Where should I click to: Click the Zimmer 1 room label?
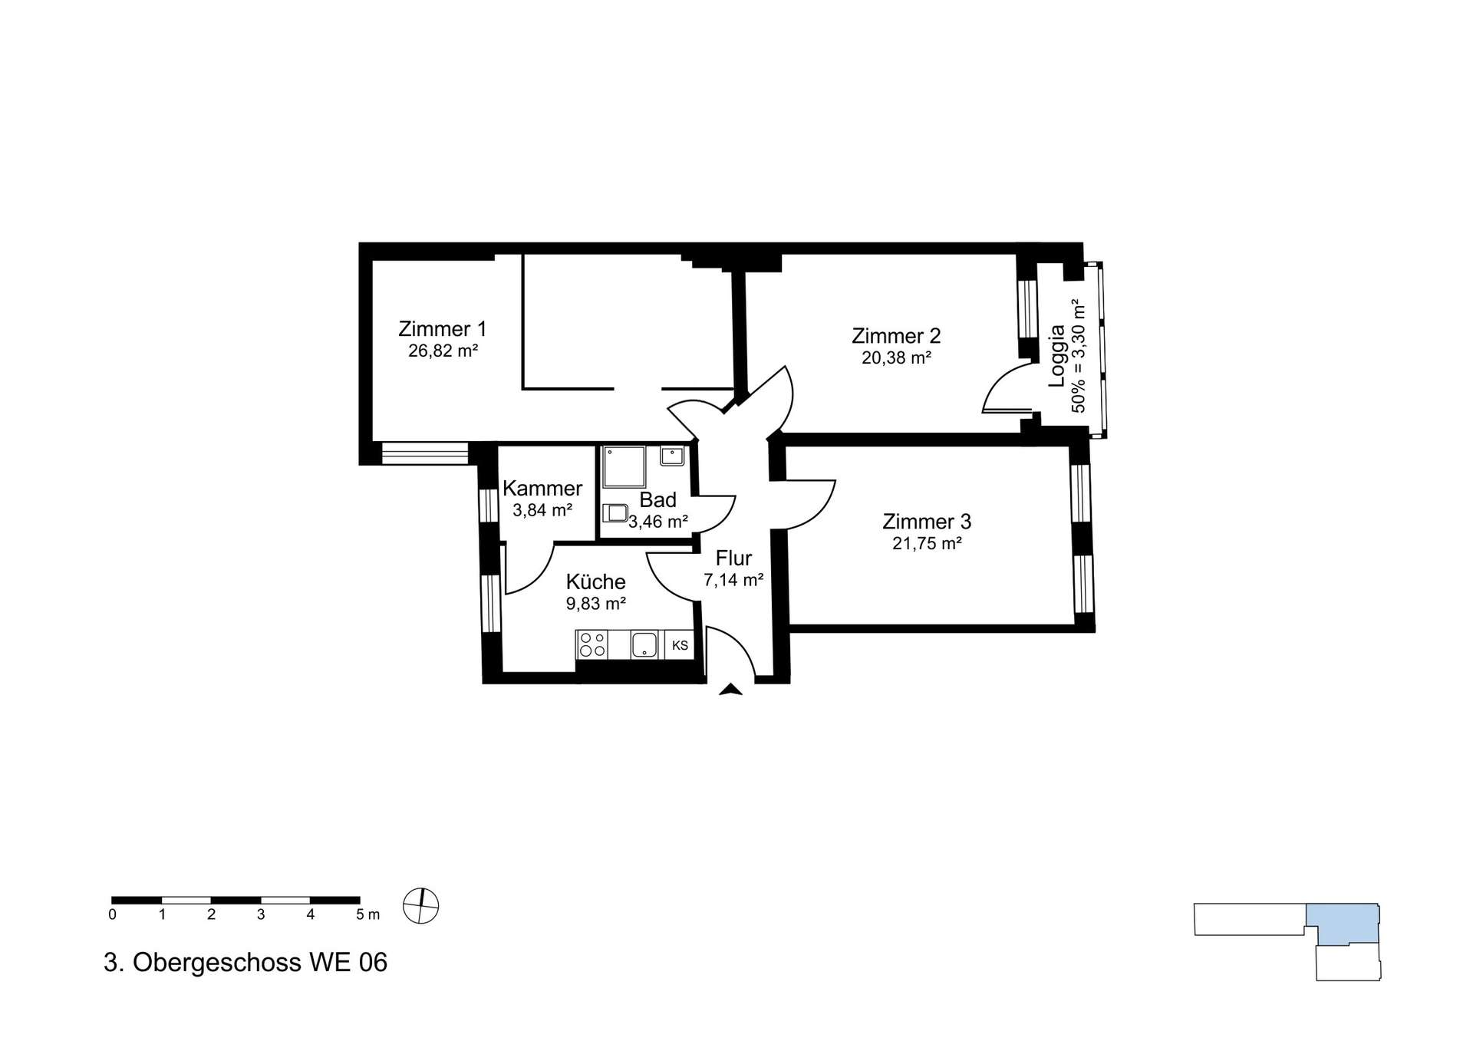tap(442, 329)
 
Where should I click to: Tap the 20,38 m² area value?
tap(896, 357)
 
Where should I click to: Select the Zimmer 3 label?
tap(927, 522)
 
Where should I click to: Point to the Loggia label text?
tap(1057, 355)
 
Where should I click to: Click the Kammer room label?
tap(542, 489)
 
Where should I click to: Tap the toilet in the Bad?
tap(615, 512)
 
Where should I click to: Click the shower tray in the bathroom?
tap(624, 468)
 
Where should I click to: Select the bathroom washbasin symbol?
tap(672, 456)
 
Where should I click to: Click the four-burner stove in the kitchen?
tap(592, 644)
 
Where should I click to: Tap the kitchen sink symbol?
tap(644, 644)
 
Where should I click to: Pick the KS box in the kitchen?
tap(680, 645)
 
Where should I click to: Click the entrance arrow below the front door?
tap(730, 689)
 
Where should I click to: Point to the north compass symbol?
tap(421, 906)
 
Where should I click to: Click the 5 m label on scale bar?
tap(367, 914)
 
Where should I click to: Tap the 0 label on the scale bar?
tap(113, 914)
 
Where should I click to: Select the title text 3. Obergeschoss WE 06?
tap(245, 962)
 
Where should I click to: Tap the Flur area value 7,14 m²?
tap(733, 580)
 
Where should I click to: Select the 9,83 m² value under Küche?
tap(596, 604)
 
